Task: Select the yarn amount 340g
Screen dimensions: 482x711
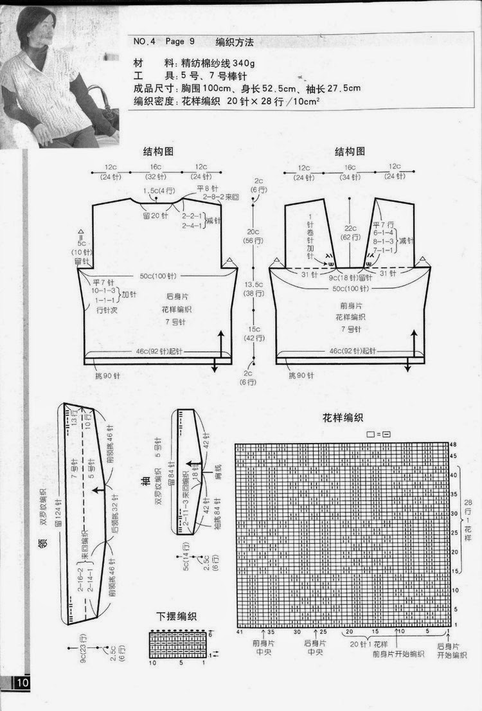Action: (x=234, y=64)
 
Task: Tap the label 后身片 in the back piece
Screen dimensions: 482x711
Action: (x=176, y=297)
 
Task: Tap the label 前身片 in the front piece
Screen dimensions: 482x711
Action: (x=350, y=306)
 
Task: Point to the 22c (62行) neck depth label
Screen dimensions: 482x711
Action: (x=350, y=233)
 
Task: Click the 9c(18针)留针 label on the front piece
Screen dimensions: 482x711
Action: (x=351, y=278)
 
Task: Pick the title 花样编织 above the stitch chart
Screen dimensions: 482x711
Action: (x=344, y=419)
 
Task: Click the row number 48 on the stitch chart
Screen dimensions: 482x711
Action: (x=453, y=445)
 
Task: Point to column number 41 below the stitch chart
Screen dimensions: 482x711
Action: (x=239, y=632)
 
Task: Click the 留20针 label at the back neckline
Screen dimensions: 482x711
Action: (x=155, y=215)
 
